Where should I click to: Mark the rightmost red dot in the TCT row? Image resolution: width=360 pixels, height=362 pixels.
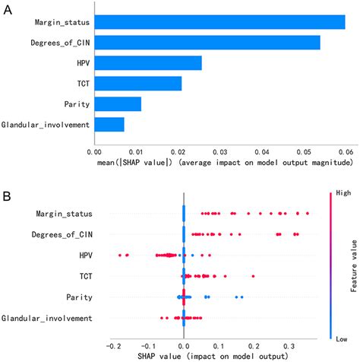253,276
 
